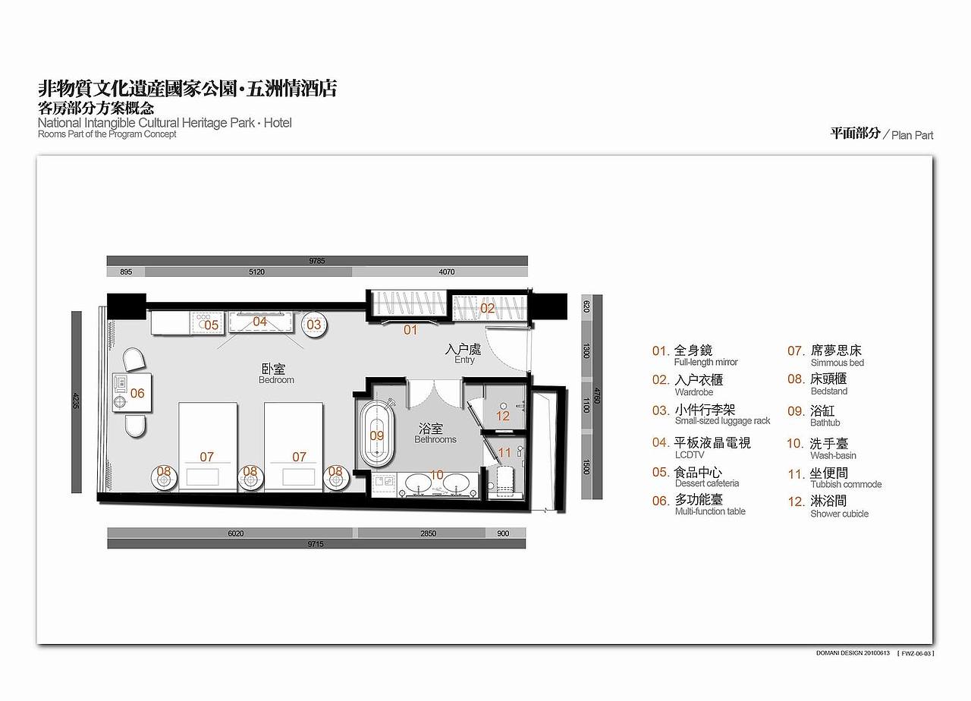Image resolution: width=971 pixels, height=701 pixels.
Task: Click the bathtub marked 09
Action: (377, 435)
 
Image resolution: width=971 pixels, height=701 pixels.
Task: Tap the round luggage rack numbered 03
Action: (314, 325)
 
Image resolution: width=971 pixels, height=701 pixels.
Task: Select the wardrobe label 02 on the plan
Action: (488, 308)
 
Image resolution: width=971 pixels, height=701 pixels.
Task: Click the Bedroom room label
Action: (276, 373)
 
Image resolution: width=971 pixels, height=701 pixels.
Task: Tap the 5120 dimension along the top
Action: (256, 272)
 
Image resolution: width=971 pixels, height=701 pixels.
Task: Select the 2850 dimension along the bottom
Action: (428, 533)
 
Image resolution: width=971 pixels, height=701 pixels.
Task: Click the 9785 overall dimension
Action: (316, 260)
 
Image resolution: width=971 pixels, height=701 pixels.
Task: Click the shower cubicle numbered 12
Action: (503, 415)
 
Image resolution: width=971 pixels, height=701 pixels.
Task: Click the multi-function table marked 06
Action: (133, 393)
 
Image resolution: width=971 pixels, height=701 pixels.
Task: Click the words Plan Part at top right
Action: (912, 135)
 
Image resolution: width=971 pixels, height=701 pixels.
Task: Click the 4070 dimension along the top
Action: (447, 272)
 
